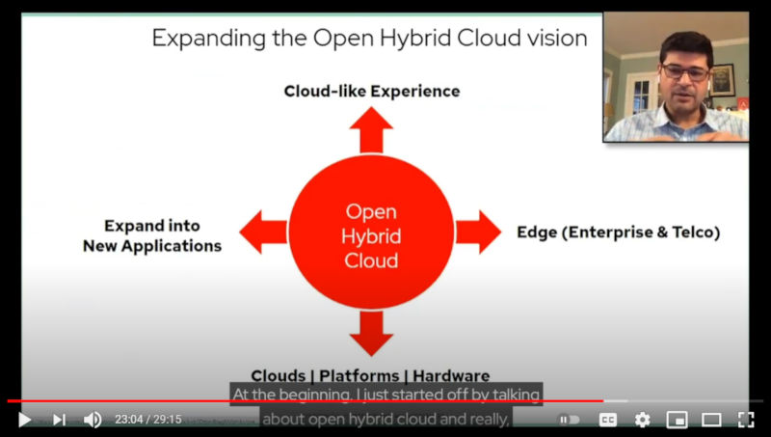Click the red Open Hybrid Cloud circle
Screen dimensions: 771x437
coord(371,232)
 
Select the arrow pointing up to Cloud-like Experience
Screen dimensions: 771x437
coord(371,130)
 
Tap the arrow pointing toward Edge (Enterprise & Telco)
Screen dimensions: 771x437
coord(478,232)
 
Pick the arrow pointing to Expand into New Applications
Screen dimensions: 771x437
coord(263,232)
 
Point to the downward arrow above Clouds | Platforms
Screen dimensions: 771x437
coord(371,333)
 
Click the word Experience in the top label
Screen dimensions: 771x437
coord(415,92)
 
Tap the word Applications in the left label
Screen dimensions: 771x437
coord(172,246)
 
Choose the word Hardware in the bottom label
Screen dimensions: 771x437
coord(451,376)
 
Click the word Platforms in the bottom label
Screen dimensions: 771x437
coord(359,376)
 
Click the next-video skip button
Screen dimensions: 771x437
coord(60,420)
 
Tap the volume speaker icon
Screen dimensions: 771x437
coord(93,420)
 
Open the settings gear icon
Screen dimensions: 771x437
coord(642,420)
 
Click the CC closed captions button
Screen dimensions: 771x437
coord(608,420)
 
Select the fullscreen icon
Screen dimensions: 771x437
coord(746,420)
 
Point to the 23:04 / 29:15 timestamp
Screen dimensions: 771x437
coord(148,420)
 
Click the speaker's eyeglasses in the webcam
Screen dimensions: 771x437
coord(685,72)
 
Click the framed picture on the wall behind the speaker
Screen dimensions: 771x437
coord(722,80)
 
